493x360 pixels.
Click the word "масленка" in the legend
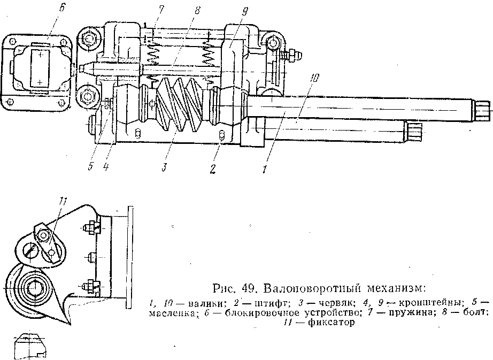[x=171, y=314]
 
